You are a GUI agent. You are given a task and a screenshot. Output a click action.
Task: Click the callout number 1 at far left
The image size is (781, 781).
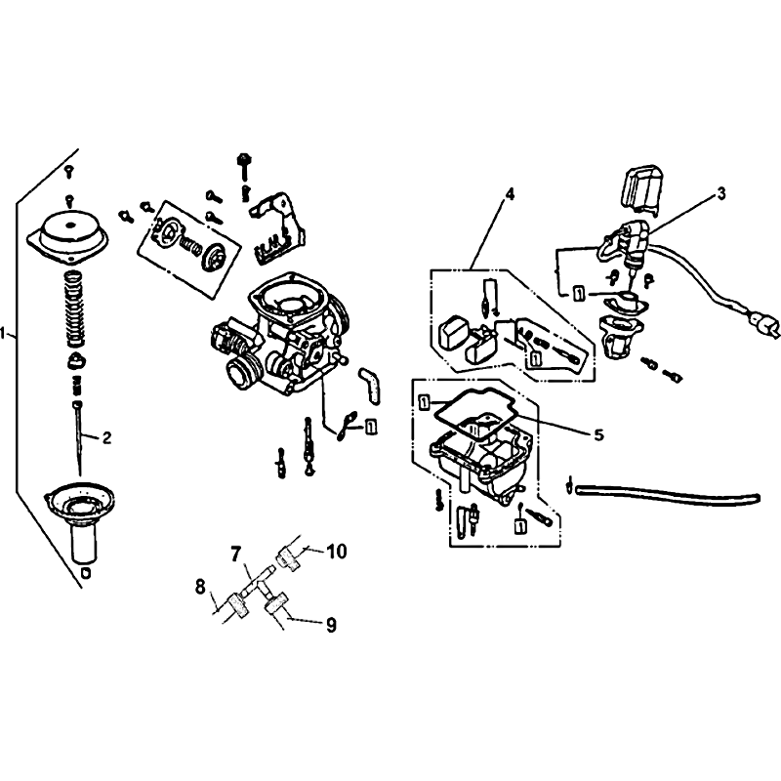(x=4, y=333)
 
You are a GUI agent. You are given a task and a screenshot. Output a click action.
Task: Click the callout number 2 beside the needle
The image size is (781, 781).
(x=106, y=437)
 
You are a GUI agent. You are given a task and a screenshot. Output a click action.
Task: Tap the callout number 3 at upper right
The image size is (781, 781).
(x=721, y=193)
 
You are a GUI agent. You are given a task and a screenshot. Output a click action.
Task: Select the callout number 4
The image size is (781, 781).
(x=509, y=194)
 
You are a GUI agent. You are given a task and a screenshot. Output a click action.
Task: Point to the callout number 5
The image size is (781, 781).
(x=598, y=434)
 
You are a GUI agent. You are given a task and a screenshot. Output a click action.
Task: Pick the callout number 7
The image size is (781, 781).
(x=235, y=553)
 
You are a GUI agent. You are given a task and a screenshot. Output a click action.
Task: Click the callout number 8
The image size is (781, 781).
(x=200, y=588)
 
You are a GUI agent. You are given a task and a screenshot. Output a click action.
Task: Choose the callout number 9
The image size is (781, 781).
(x=331, y=625)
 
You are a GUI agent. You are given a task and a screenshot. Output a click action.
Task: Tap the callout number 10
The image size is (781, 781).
(x=337, y=552)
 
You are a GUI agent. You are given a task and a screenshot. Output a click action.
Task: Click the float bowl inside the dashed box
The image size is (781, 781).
(x=479, y=458)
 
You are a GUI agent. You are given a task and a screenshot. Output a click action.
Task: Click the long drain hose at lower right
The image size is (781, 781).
(x=668, y=493)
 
